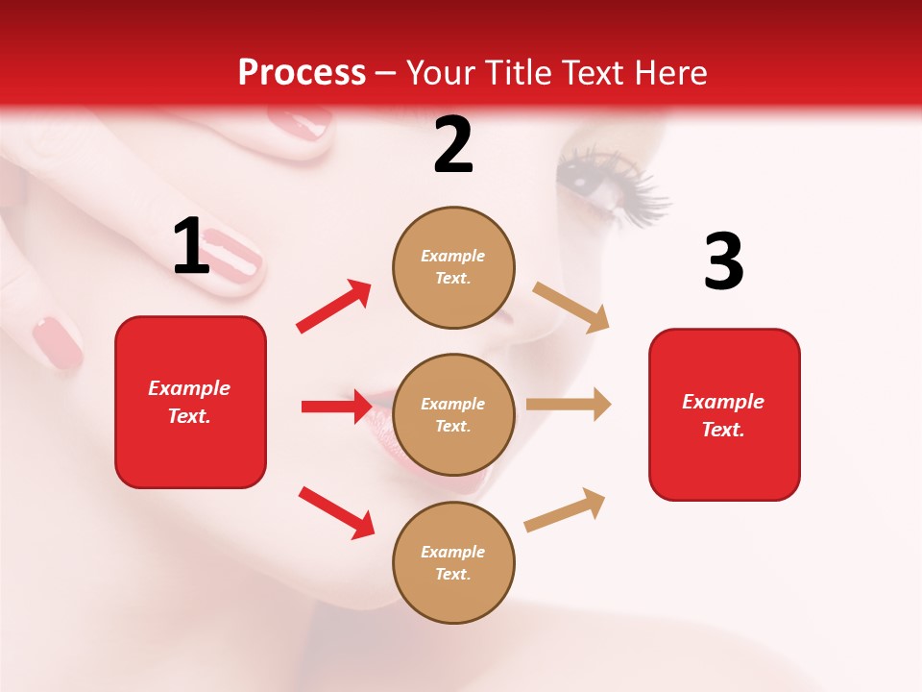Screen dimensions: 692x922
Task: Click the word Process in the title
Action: [x=302, y=73]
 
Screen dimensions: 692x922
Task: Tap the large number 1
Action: [x=191, y=248]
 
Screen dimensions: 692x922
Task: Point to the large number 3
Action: [x=723, y=262]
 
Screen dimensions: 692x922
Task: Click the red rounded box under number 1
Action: [x=190, y=402]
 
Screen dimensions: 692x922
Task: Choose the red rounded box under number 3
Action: [x=724, y=414]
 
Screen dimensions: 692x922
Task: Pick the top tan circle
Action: [x=453, y=267]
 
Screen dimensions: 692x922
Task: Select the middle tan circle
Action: [x=453, y=414]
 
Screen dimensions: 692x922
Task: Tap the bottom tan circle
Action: [x=453, y=562]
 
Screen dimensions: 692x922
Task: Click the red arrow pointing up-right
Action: [x=334, y=307]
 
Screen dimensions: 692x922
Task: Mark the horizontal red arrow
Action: [x=336, y=407]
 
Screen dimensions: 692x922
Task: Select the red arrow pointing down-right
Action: [x=336, y=511]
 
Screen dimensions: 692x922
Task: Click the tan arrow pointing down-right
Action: [x=571, y=308]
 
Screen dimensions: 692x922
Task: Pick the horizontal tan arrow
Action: [x=569, y=405]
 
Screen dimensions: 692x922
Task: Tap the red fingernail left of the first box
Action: [x=58, y=343]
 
